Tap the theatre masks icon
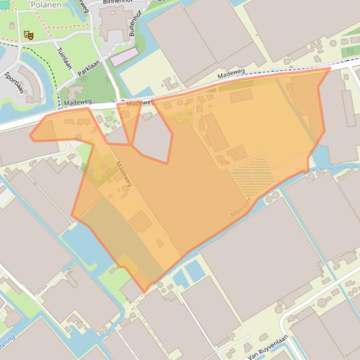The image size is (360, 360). coord(29,35)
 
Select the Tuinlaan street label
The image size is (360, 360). coord(64,58)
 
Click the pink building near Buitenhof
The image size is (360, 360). coord(124,57)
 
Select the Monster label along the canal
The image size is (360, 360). coord(241,207)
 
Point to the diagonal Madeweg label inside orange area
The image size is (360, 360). coord(124,174)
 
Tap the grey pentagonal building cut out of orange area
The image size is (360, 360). coord(152,137)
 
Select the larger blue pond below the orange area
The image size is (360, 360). coord(194,271)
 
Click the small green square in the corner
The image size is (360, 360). coord(5,5)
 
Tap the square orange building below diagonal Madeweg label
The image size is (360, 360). coord(141,221)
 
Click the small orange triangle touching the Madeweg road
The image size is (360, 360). coord(128,122)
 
